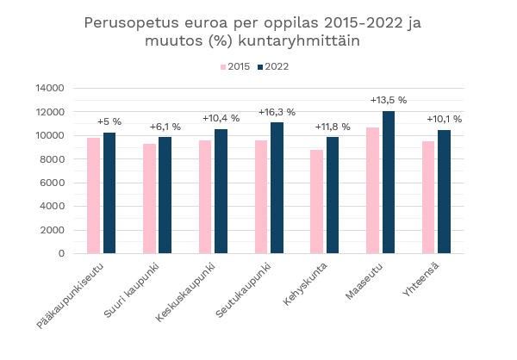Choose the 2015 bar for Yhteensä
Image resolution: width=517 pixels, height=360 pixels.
[x=428, y=197]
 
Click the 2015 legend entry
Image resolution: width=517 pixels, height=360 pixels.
[x=235, y=66]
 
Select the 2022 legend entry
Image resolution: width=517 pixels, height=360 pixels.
[x=272, y=66]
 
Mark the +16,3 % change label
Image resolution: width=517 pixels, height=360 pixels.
[x=277, y=112]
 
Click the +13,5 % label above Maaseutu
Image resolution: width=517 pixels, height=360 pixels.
[x=389, y=100]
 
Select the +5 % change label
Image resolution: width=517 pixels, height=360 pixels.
[x=109, y=121]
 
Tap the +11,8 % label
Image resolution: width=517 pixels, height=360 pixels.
[x=333, y=127]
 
